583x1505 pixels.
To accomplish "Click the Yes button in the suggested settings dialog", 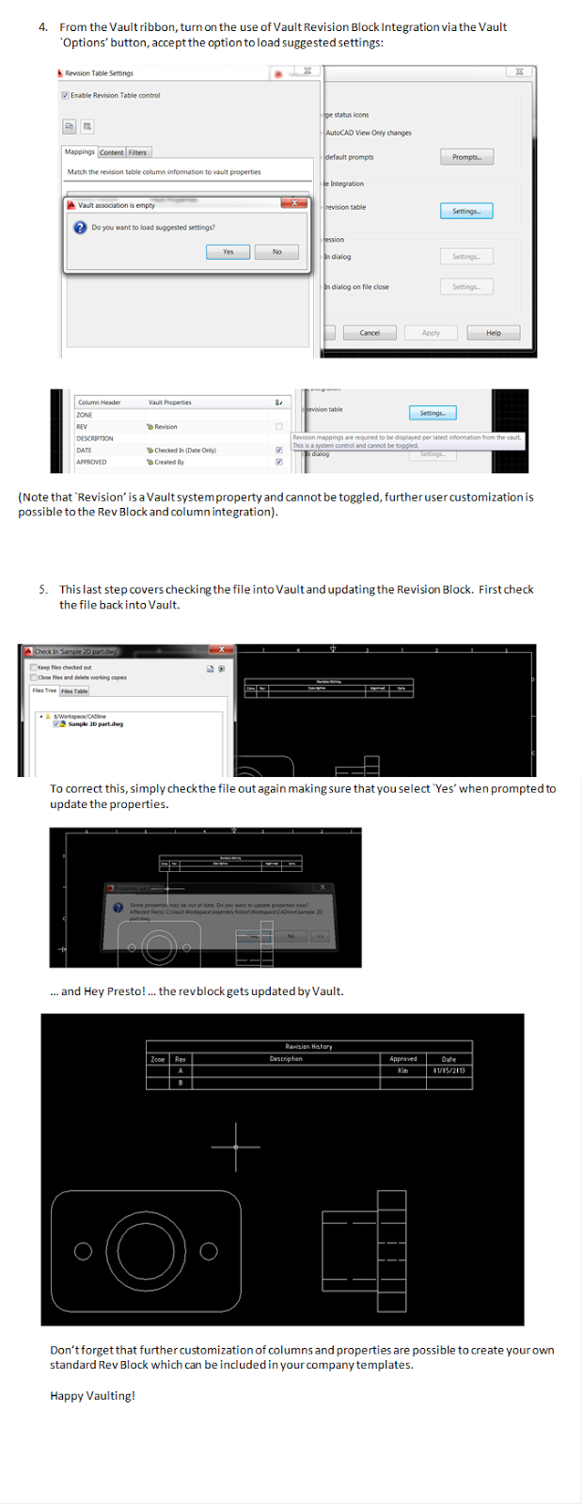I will [228, 251].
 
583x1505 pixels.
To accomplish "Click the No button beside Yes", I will [276, 251].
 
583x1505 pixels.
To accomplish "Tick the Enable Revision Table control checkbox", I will [65, 95].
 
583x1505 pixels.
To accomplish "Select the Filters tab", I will [138, 152].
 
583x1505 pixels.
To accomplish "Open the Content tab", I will [112, 152].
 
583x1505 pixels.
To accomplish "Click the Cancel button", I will [370, 332].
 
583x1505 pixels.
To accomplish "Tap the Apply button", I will [431, 332].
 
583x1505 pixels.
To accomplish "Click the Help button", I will [493, 332].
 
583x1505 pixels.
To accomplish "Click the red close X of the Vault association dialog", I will [294, 203].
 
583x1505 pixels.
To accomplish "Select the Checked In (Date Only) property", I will [185, 451].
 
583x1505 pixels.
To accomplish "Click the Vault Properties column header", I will [170, 403].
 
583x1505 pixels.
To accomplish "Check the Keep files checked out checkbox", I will [35, 667].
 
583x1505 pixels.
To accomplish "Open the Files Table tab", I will [75, 690].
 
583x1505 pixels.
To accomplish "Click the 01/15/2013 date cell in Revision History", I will [449, 1070].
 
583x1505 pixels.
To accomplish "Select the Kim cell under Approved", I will [402, 1070].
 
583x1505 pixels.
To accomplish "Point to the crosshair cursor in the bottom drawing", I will [236, 1147].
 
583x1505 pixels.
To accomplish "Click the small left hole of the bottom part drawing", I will [84, 1251].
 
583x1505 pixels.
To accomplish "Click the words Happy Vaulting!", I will [92, 1396].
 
